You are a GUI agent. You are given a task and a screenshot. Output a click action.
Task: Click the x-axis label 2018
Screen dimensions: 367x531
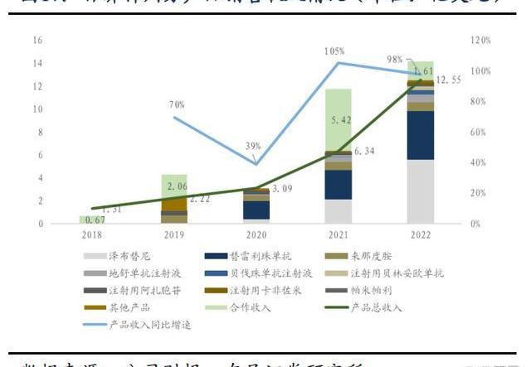(92, 235)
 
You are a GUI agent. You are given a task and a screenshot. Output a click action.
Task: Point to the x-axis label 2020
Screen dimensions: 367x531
(256, 235)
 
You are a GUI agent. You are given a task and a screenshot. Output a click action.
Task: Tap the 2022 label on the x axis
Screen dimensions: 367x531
(420, 235)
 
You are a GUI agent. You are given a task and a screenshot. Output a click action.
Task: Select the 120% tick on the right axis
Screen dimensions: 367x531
(480, 40)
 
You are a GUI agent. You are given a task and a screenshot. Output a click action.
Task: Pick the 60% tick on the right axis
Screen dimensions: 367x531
(479, 132)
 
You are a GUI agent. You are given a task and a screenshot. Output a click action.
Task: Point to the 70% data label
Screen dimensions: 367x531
(176, 105)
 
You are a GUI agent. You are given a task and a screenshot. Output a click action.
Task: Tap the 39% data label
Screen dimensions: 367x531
(254, 146)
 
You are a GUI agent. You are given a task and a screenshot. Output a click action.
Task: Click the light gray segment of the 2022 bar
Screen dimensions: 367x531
(420, 191)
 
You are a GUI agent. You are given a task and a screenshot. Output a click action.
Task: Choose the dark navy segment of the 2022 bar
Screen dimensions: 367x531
(420, 135)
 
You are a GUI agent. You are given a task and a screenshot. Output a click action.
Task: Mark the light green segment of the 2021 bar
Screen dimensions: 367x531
(338, 119)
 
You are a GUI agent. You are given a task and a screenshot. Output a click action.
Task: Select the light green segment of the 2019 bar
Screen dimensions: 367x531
(173, 186)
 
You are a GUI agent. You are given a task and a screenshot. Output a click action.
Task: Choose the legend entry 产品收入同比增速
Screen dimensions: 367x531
(151, 324)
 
